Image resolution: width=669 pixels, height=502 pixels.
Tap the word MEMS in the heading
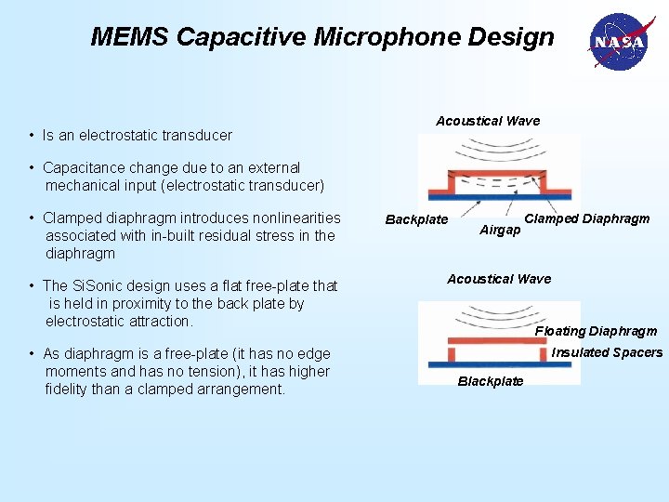click(129, 37)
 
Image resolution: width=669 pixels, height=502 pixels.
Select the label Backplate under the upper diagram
click(416, 220)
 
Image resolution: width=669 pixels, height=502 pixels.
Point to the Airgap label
click(500, 230)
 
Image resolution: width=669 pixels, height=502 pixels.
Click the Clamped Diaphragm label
click(587, 219)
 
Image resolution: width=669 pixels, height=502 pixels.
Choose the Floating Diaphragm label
click(596, 331)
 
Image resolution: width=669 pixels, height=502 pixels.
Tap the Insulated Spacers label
click(607, 352)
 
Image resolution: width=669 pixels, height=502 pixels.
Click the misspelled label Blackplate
click(491, 381)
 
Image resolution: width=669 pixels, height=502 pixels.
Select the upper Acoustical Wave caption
click(488, 121)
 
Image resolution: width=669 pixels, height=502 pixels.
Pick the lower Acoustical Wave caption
click(499, 279)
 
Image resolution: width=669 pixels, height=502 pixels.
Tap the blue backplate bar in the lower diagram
click(499, 365)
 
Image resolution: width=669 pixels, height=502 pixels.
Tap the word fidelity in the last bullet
click(69, 390)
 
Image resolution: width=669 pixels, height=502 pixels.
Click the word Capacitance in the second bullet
click(79, 168)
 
